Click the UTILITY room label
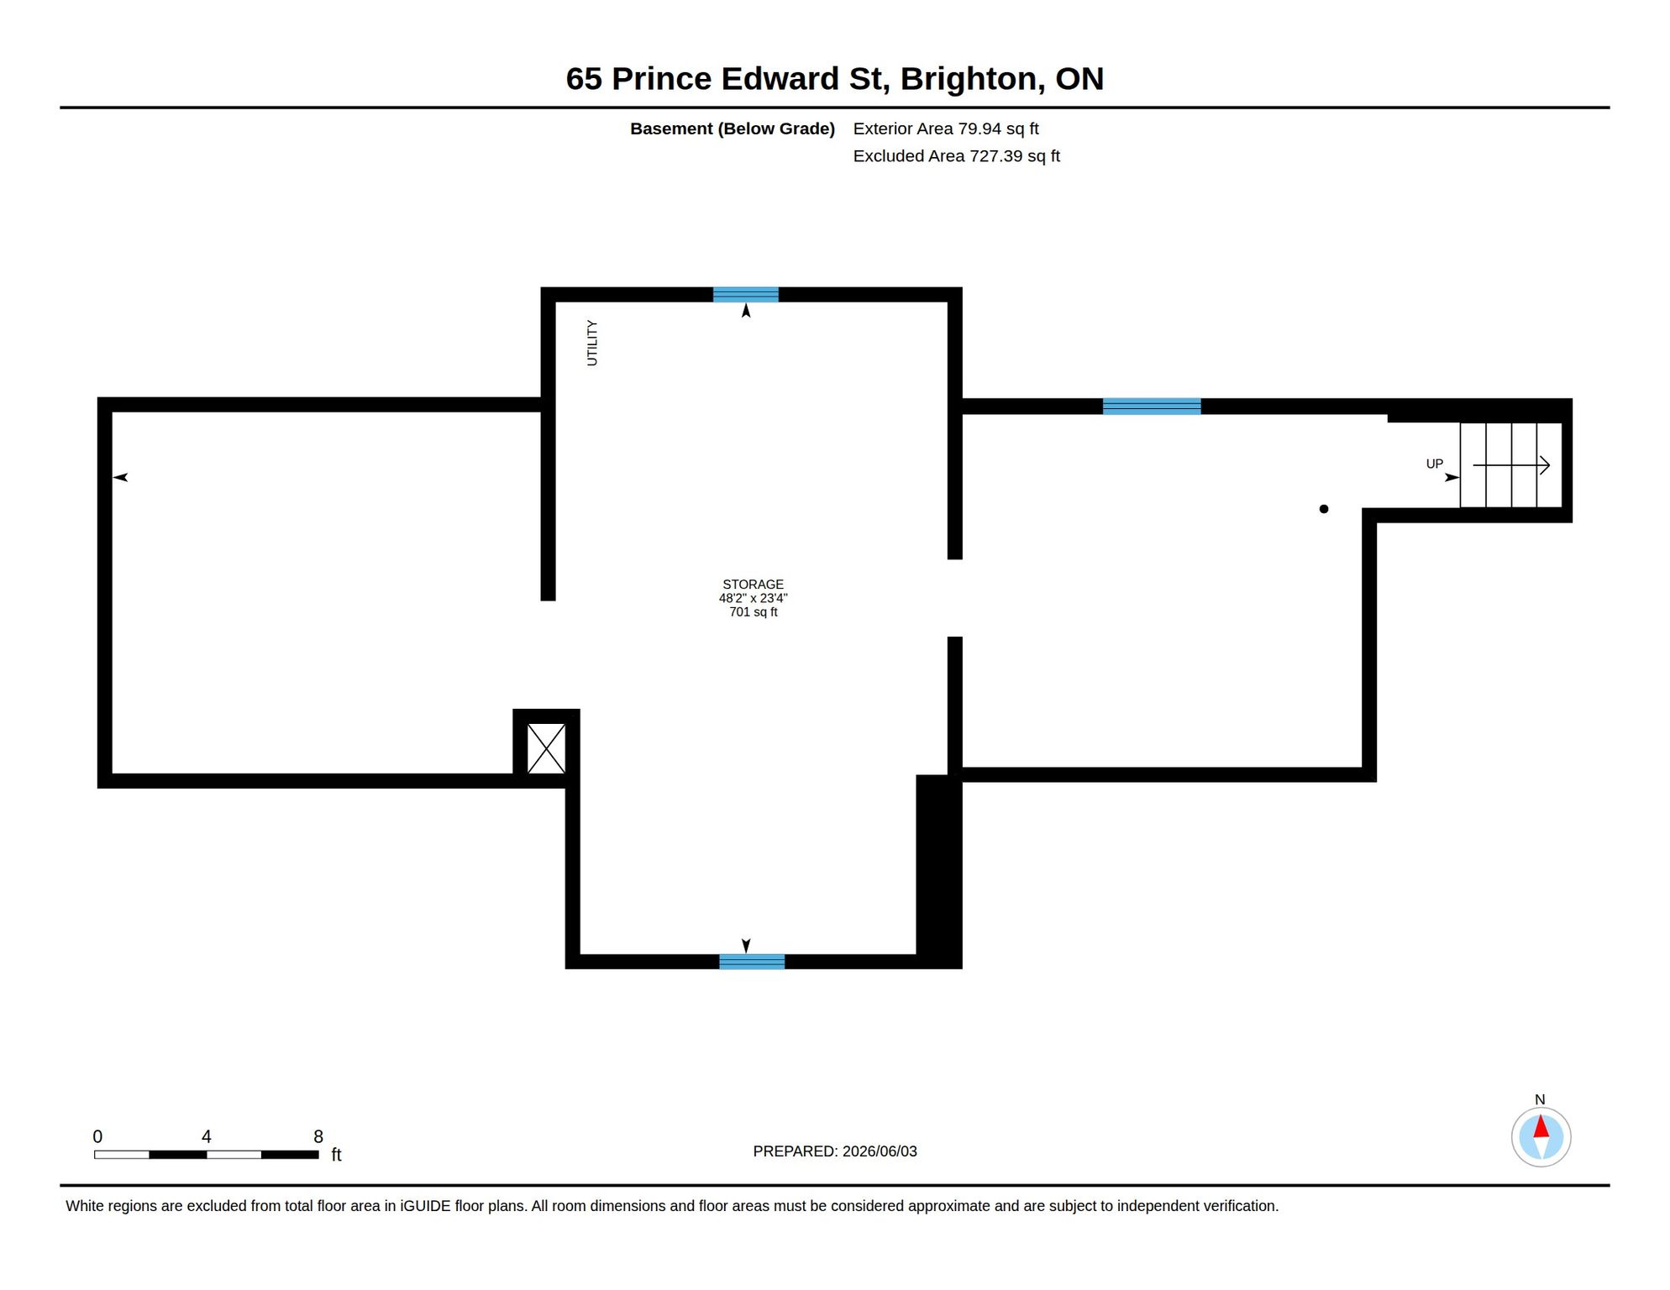click(x=592, y=343)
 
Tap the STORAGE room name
click(x=753, y=584)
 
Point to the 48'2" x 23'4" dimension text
click(x=753, y=598)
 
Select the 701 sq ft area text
click(x=753, y=612)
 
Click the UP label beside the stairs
click(x=1434, y=464)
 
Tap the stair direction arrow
click(x=1510, y=465)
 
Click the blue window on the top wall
click(x=745, y=295)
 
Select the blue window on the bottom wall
click(x=752, y=962)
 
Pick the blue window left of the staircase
click(x=1151, y=406)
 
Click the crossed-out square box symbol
click(x=546, y=748)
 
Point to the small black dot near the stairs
click(x=1323, y=509)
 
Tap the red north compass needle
click(x=1541, y=1126)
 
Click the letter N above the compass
click(x=1539, y=1099)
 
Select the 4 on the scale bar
click(x=207, y=1136)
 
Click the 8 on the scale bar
click(x=318, y=1136)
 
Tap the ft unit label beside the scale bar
click(x=336, y=1155)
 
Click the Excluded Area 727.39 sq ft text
click(x=956, y=156)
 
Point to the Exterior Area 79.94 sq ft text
click(x=946, y=128)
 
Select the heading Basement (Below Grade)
click(x=733, y=128)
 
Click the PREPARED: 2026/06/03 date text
click(x=835, y=1151)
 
